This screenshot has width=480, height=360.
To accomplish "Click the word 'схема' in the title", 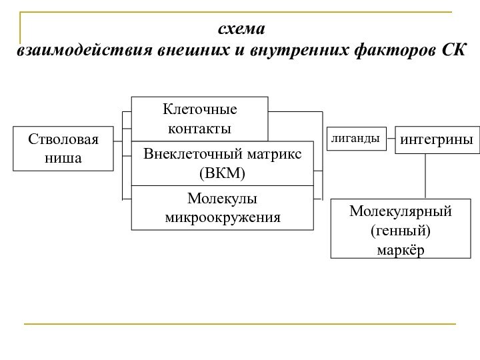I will coord(241,30).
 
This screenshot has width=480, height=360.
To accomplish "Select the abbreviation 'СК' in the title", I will coord(453,50).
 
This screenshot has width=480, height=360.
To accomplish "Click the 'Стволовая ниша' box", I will coord(63,149).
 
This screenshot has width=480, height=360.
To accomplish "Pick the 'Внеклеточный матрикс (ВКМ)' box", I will coord(222,163).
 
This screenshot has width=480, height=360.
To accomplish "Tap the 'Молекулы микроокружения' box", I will coord(222,208).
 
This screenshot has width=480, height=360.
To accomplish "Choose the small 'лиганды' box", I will coord(355,139).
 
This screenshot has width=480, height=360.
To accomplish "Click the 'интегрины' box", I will coord(437,140).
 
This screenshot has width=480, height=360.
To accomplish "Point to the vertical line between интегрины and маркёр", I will coord(426,176).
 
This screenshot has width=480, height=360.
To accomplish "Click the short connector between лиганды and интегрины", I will coord(391,139).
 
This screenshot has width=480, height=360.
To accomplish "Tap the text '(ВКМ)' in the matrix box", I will coord(222,173).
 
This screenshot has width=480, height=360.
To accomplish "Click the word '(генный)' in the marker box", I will coord(401,231).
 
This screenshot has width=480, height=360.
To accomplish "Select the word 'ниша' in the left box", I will coord(63,158).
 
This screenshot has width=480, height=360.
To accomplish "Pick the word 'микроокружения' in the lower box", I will coord(222,217).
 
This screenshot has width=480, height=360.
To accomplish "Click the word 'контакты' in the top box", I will coord(199,127).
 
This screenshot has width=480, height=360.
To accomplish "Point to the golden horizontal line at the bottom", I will coord(240,324).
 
